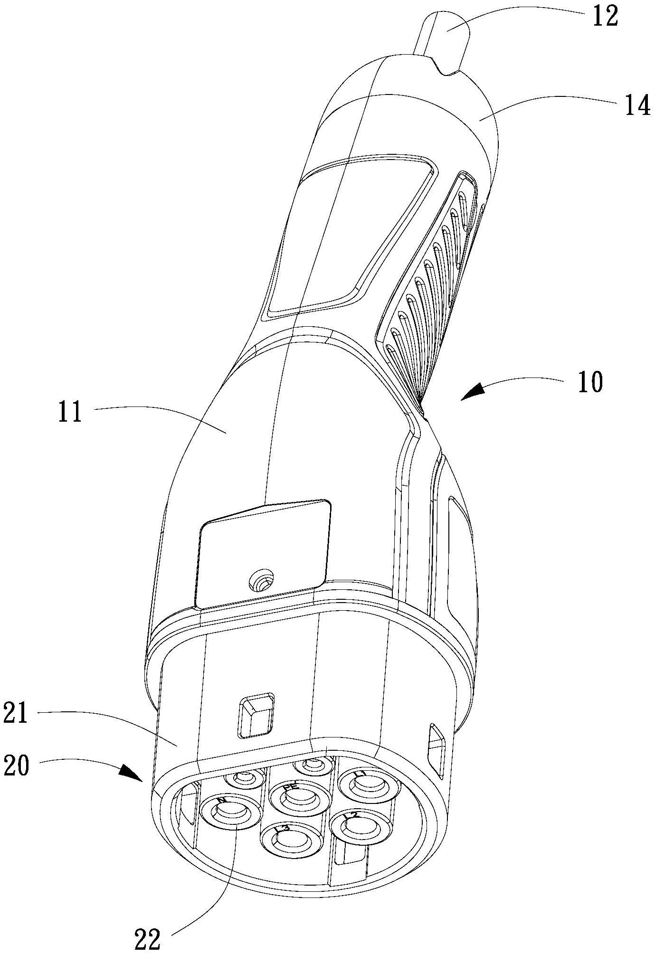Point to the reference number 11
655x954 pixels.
point(70,412)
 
